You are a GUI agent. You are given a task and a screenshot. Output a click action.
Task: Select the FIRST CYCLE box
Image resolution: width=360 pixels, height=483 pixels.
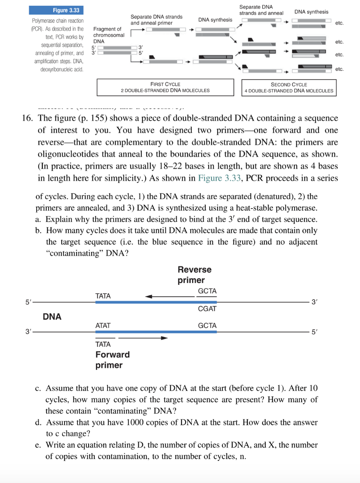coord(165,87)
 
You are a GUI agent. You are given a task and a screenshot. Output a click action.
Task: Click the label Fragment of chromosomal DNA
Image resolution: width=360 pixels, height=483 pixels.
coord(108,35)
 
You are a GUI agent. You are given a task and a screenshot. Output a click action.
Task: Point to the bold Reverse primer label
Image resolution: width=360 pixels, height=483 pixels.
coord(194,275)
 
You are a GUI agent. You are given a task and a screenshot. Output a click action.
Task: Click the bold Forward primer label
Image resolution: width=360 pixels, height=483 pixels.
coord(112,360)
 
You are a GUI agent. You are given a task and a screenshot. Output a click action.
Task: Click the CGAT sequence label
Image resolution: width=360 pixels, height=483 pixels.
coord(207,308)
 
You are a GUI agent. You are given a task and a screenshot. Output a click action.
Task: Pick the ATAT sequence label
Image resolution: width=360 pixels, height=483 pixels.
coord(103,325)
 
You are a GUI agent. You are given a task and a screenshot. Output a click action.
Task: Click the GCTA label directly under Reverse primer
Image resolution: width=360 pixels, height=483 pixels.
coord(207,291)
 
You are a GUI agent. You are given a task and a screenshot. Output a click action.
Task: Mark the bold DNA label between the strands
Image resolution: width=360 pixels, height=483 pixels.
coord(52,316)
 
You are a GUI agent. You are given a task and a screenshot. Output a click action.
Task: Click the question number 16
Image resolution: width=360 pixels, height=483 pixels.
coord(27,117)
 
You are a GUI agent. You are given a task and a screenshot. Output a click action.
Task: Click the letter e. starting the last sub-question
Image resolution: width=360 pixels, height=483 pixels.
coord(39,445)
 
